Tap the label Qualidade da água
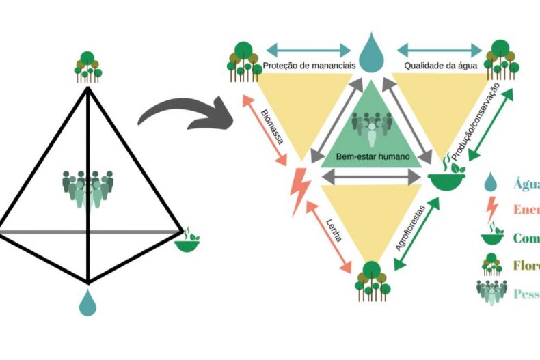pyautogui.click(x=436, y=66)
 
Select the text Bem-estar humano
pyautogui.click(x=373, y=156)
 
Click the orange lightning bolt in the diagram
pyautogui.click(x=300, y=192)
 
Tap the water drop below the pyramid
pyautogui.click(x=87, y=302)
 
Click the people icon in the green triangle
pyautogui.click(x=372, y=126)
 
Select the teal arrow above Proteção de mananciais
pyautogui.click(x=308, y=50)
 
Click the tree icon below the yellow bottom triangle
pyautogui.click(x=372, y=279)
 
